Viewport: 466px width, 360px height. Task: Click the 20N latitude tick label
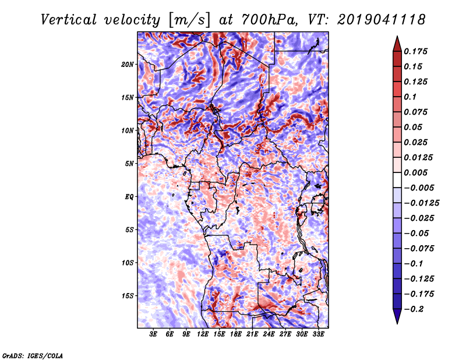point(128,64)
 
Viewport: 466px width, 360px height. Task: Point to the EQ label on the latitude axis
point(129,196)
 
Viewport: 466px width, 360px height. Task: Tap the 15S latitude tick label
point(128,296)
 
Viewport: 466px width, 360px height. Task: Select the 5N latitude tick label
point(129,164)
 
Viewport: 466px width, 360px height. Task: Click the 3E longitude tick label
point(153,334)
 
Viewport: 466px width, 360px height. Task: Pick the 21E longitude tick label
point(252,334)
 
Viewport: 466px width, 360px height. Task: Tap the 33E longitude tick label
point(318,334)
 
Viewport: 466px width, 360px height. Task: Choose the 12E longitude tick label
point(203,334)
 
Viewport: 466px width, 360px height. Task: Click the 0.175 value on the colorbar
point(415,51)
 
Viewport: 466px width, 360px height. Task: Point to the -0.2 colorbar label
point(414,309)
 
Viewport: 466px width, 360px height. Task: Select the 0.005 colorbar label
point(415,172)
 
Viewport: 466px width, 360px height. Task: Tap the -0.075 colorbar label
point(419,249)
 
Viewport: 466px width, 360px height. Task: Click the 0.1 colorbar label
point(410,97)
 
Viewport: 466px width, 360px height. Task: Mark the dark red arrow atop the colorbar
point(397,44)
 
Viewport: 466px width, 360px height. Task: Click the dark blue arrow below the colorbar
point(397,316)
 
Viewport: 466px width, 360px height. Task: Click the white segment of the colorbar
point(397,180)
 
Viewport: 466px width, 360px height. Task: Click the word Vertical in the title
point(69,20)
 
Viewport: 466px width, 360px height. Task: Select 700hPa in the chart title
point(269,20)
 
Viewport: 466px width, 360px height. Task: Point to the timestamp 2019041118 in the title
point(381,20)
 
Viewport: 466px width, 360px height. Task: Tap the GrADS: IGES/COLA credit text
point(33,355)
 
